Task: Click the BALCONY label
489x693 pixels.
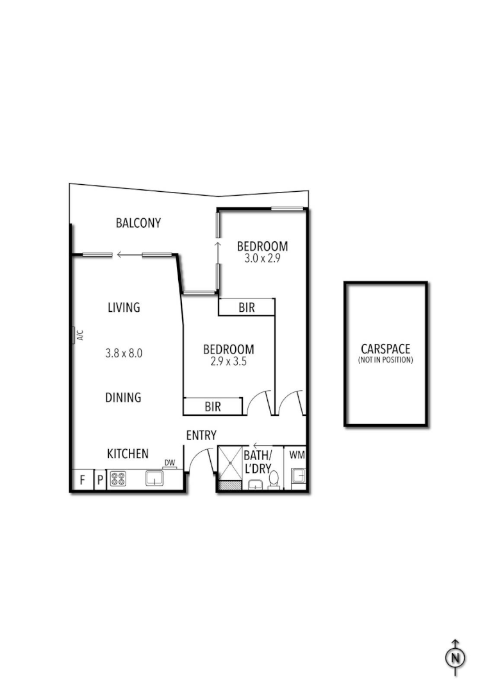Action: point(138,223)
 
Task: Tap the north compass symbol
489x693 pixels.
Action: point(455,657)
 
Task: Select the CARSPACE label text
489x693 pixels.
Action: point(385,349)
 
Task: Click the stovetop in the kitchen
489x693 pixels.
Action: point(118,479)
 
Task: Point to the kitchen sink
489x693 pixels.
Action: point(154,479)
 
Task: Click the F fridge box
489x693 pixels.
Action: point(82,479)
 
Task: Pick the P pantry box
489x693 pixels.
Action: point(100,479)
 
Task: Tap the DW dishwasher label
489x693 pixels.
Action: point(169,463)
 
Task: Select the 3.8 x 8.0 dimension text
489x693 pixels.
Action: point(124,352)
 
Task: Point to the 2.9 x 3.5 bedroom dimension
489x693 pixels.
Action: point(228,361)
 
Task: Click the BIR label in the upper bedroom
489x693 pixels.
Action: point(247,308)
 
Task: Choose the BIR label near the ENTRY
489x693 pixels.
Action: point(213,406)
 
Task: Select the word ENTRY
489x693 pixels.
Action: point(201,435)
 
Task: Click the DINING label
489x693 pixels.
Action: point(123,398)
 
